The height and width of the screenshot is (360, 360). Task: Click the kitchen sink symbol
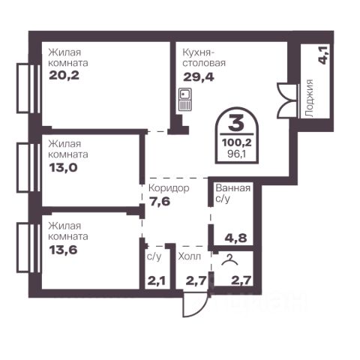(185, 100)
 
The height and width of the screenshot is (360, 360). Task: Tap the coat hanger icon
(230, 260)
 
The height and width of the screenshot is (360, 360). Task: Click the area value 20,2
(64, 75)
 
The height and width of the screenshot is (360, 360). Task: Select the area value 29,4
(199, 77)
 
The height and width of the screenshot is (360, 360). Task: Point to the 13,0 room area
(63, 167)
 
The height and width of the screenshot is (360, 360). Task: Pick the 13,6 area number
(63, 250)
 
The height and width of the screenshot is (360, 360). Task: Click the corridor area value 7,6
(160, 201)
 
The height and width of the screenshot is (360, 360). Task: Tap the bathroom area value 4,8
(235, 238)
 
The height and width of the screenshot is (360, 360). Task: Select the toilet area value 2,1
(156, 281)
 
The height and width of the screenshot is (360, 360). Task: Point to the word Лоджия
(310, 98)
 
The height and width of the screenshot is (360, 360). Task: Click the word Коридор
(169, 188)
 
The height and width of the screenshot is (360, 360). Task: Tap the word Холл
(190, 256)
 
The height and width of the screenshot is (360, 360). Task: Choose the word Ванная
(233, 188)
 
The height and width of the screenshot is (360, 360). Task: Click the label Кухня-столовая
(204, 58)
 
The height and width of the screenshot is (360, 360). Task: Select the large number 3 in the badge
(236, 123)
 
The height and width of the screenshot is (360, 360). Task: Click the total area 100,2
(236, 142)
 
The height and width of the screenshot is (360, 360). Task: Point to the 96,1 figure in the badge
(236, 154)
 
